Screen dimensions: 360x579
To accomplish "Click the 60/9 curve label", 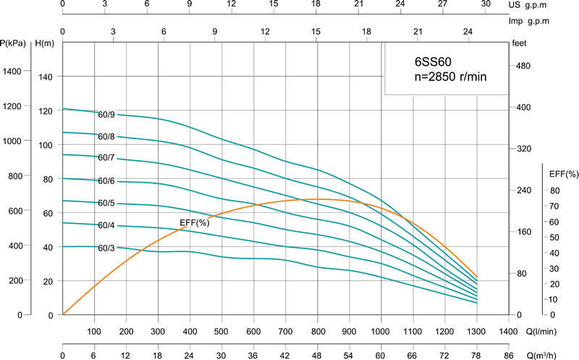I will coord(107,113).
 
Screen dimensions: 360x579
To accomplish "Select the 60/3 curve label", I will coord(107,248).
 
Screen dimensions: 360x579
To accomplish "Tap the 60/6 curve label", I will coord(107,180).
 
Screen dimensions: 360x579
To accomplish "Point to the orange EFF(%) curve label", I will coord(194,222).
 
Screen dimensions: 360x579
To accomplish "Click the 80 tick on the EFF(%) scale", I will coord(554,191).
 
